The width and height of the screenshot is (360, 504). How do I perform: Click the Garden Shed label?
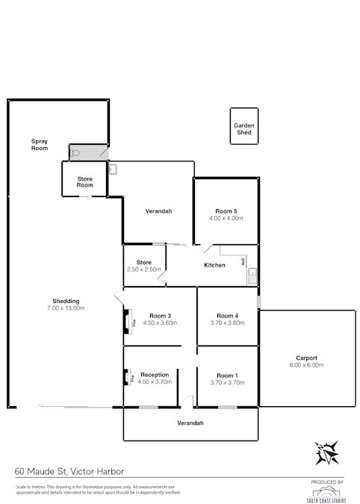point(243,128)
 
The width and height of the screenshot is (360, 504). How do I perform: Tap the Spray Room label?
point(39,144)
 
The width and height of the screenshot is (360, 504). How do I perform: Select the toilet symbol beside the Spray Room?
point(75,153)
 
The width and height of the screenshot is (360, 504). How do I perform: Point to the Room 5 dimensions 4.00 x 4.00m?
point(226,218)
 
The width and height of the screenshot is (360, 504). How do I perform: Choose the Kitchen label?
point(214,265)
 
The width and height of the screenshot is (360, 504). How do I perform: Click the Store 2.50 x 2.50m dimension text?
point(144,270)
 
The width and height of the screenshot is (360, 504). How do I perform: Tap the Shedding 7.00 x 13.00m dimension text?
point(65,308)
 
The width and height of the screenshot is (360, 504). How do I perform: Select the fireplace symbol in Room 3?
point(127,323)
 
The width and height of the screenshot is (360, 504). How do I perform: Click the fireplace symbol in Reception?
point(127,377)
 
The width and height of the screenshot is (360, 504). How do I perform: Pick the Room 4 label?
point(227,316)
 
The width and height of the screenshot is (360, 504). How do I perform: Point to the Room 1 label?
point(227,376)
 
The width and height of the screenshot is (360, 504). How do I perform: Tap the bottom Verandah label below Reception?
point(190,423)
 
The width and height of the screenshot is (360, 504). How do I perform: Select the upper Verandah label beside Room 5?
point(158,211)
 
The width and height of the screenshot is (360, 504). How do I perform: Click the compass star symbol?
point(326,452)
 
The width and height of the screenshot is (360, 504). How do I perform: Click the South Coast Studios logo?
point(326,494)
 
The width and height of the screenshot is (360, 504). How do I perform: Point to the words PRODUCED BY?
point(326,482)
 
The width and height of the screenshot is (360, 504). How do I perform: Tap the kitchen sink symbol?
point(252,274)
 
